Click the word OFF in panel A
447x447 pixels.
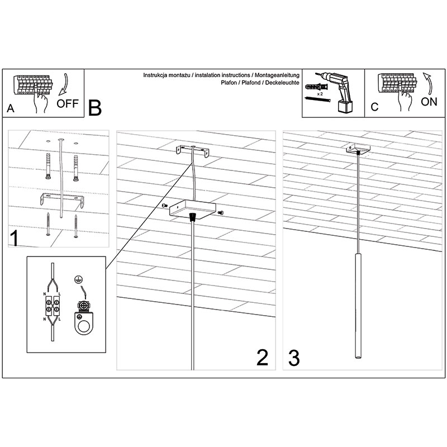(x=67, y=103)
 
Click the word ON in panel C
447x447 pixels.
(x=429, y=102)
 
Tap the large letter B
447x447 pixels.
(x=95, y=108)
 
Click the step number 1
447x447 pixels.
(x=15, y=239)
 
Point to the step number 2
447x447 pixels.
(x=262, y=358)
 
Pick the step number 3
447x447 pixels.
(x=294, y=358)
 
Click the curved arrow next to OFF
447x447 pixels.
(x=64, y=85)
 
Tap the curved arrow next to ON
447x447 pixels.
(x=427, y=83)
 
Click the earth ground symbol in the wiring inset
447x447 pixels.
(x=77, y=279)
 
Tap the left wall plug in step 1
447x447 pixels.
(x=47, y=165)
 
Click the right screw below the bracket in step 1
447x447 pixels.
(x=76, y=226)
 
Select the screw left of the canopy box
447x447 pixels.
(x=165, y=206)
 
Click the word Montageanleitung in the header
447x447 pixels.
(x=277, y=75)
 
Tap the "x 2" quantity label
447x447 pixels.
(x=320, y=93)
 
